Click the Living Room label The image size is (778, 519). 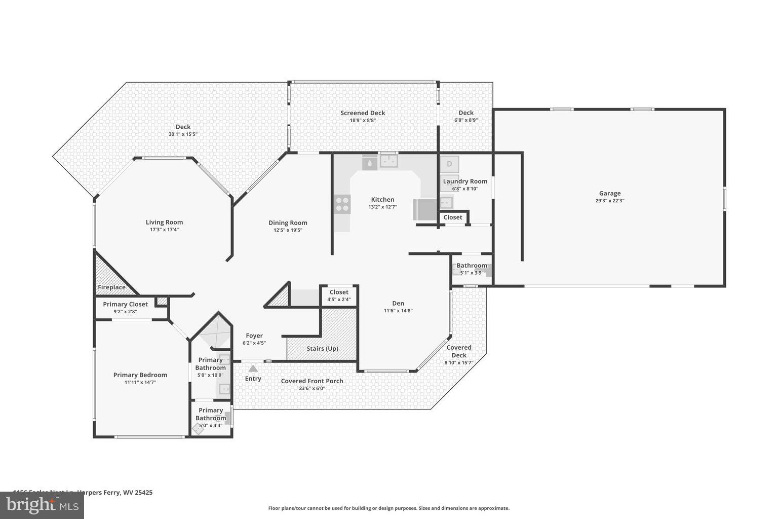click(164, 222)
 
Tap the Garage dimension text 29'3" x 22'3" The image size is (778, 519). click(610, 201)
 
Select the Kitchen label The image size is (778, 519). click(382, 200)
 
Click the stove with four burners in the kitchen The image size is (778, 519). click(342, 204)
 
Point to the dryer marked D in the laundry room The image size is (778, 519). click(449, 164)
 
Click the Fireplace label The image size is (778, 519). click(111, 287)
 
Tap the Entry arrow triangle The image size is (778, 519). click(253, 368)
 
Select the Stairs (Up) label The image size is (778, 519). click(322, 349)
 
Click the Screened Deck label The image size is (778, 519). click(363, 113)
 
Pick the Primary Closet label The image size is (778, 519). click(125, 304)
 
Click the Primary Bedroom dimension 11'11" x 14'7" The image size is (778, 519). click(140, 383)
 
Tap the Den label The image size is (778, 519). click(398, 304)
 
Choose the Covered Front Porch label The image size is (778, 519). click(312, 381)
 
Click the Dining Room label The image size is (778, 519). click(288, 223)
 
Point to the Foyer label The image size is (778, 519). click(254, 336)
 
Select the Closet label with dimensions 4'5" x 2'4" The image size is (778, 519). click(339, 292)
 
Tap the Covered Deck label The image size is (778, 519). click(459, 351)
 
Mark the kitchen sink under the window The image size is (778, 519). click(389, 162)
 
